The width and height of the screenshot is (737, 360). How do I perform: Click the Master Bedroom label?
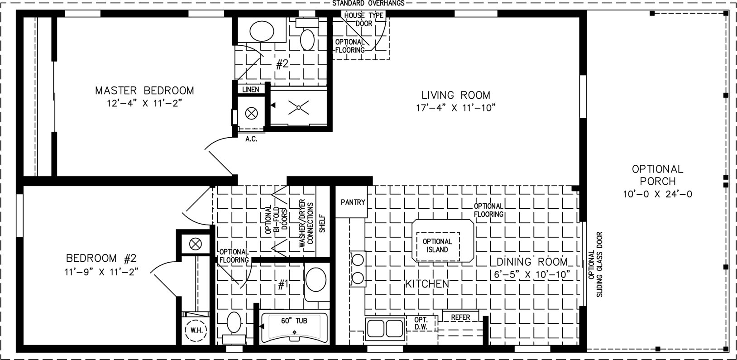pos(144,91)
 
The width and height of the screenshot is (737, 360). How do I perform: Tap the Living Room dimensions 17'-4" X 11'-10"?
pos(456,108)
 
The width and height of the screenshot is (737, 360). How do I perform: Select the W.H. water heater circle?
pos(196,330)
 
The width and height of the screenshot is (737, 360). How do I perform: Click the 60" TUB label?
pos(294,321)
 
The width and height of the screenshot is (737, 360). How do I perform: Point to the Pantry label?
pos(353,202)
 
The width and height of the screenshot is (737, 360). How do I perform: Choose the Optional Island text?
pos(437,245)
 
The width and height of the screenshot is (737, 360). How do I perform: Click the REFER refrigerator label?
pos(461,317)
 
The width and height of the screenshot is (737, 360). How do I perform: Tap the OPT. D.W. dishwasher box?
pos(421,323)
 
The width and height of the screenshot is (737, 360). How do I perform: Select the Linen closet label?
pos(251,90)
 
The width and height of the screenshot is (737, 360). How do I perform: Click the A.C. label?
pos(251,139)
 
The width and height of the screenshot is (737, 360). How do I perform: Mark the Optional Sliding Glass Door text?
pos(595,264)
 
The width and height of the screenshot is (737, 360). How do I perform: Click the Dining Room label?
pos(532,262)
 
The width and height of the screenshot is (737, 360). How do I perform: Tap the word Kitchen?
pos(427,283)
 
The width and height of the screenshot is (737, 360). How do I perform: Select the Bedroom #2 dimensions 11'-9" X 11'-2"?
pos(101,272)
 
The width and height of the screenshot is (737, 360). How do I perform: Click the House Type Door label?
pos(364,19)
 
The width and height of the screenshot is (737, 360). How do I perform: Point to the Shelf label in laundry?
pos(322,223)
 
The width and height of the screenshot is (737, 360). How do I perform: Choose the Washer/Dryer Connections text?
pos(306,223)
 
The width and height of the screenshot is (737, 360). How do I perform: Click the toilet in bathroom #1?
pos(234,327)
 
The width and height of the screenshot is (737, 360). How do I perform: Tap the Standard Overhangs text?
pos(368,3)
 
